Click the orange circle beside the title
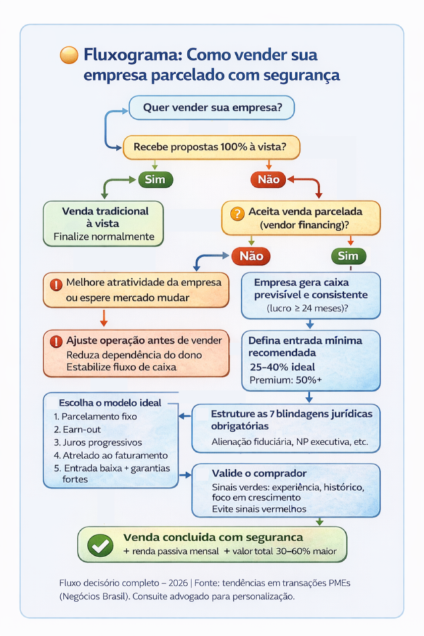tap(69, 55)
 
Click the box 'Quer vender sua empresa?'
tap(211, 107)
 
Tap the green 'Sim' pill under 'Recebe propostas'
tap(155, 179)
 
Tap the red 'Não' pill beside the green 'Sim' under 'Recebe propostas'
tap(268, 179)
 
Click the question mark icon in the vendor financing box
tap(237, 213)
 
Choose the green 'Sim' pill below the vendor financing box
tap(348, 256)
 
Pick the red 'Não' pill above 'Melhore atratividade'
tap(250, 256)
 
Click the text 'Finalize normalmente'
tap(103, 237)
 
